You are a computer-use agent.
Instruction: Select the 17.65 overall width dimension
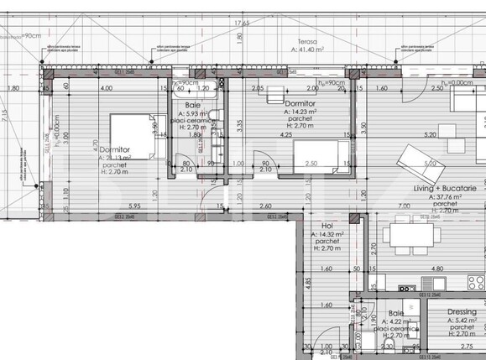[x=242, y=23]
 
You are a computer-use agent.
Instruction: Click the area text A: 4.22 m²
[x=395, y=321]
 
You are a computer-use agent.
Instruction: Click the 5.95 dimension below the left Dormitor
[x=135, y=206]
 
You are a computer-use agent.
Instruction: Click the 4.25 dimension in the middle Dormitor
[x=286, y=134]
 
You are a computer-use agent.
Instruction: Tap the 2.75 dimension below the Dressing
[x=468, y=346]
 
